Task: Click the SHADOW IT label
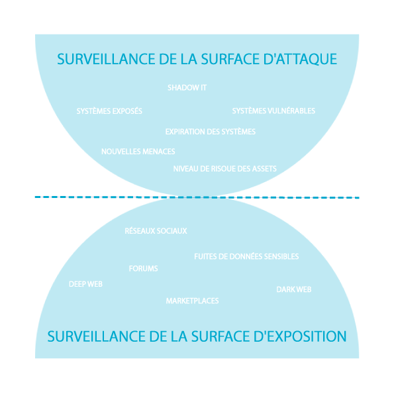coord(187,87)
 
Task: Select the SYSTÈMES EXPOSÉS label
coord(109,111)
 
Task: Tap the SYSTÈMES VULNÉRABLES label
coord(273,111)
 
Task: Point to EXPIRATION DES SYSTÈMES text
coord(211,131)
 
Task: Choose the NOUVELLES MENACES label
coord(138,152)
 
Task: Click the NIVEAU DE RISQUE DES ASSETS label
coord(225,169)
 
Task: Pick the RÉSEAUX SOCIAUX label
coord(156,230)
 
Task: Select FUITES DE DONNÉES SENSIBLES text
coord(246,256)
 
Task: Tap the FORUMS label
coord(143,269)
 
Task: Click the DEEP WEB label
coord(85,284)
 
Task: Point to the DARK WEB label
coord(294,289)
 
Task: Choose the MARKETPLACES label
coord(192,301)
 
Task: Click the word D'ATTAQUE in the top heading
coord(300,59)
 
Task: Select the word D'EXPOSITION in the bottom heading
coord(300,336)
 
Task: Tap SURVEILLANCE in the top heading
coord(106,59)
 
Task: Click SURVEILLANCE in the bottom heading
coord(96,336)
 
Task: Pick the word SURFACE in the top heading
coord(230,59)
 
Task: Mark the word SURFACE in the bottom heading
coord(221,336)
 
